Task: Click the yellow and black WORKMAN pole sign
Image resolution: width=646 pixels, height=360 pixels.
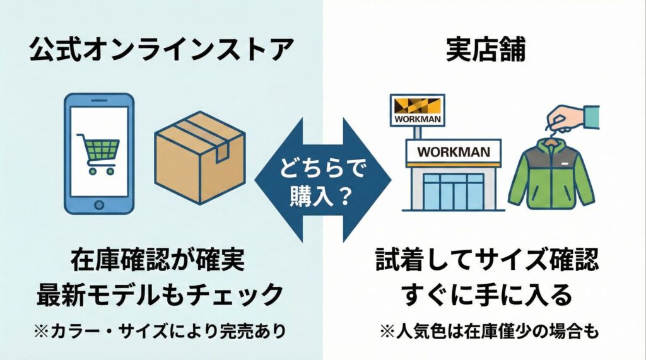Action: point(416,110)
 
